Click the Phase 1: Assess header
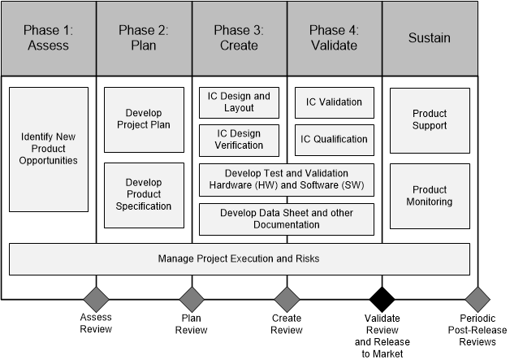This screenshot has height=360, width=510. (48, 38)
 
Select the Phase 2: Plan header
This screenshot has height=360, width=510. (144, 38)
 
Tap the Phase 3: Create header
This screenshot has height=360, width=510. (239, 38)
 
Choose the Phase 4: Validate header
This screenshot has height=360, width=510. (334, 38)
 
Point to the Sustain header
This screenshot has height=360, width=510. (430, 38)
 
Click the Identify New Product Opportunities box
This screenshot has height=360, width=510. (49, 149)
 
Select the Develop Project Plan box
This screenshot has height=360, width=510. (145, 119)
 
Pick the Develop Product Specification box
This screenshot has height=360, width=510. (145, 194)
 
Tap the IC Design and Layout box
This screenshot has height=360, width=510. (239, 102)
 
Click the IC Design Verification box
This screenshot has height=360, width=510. (239, 140)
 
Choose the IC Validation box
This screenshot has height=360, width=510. (334, 102)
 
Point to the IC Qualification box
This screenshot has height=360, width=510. (334, 140)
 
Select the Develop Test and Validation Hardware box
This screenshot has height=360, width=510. (287, 180)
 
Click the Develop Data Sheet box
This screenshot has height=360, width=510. (287, 219)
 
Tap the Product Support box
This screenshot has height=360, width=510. (430, 120)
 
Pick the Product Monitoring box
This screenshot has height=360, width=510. (430, 196)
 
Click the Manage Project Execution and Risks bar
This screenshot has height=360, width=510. (239, 259)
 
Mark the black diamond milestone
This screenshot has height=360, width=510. (382, 298)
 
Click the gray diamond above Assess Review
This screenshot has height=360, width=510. (97, 298)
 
